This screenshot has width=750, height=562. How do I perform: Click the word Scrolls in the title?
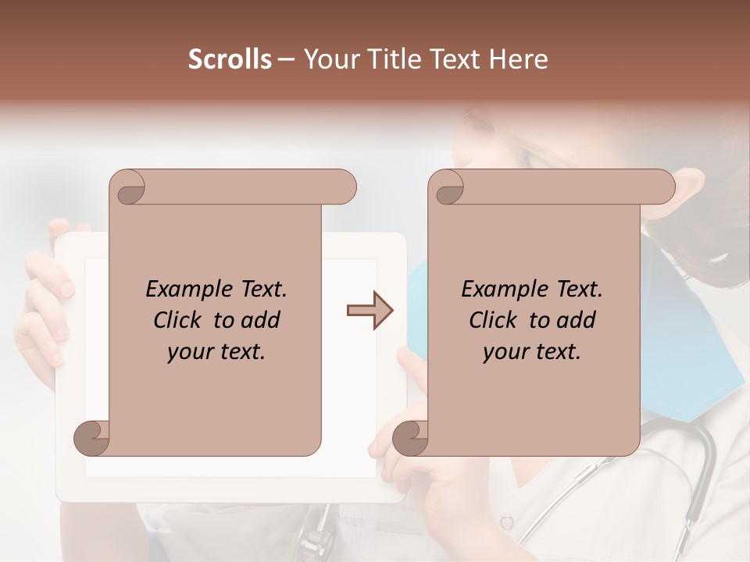[x=230, y=59]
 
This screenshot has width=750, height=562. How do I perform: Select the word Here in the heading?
[x=519, y=59]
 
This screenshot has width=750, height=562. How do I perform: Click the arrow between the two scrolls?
[x=370, y=311]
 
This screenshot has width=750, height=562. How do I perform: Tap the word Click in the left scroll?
[x=179, y=320]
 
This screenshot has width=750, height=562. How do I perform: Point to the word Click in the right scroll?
[x=495, y=320]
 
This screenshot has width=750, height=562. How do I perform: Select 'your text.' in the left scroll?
[x=216, y=351]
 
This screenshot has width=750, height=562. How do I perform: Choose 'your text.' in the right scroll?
[x=532, y=351]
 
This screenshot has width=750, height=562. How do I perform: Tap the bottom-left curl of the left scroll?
[x=92, y=439]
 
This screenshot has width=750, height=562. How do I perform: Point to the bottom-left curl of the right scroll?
[x=410, y=439]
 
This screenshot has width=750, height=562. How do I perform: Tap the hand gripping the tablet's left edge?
[x=39, y=312]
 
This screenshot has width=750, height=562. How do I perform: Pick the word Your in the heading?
[x=329, y=59]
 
